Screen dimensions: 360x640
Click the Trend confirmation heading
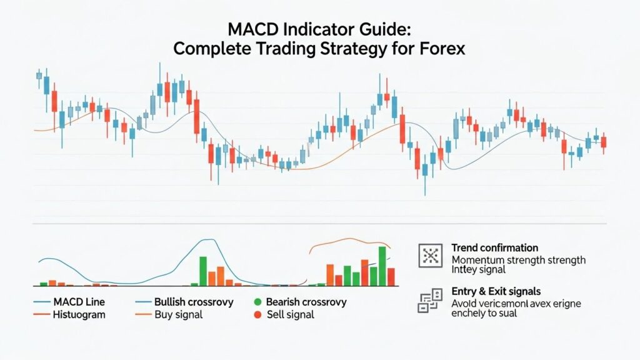(494, 248)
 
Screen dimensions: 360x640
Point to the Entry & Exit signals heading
(496, 292)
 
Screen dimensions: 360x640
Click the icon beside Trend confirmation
(429, 256)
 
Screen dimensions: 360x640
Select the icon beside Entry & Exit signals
(429, 301)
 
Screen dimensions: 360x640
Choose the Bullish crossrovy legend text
(194, 302)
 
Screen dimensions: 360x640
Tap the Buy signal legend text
(178, 314)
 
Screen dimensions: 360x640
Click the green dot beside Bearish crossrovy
(257, 302)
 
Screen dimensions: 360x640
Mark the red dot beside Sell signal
(257, 315)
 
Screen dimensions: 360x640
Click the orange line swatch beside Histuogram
(41, 315)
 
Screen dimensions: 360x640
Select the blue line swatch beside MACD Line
(41, 302)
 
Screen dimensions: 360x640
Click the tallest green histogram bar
(382, 266)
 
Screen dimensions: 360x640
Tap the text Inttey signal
(478, 270)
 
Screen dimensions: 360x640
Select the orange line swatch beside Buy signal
(143, 315)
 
